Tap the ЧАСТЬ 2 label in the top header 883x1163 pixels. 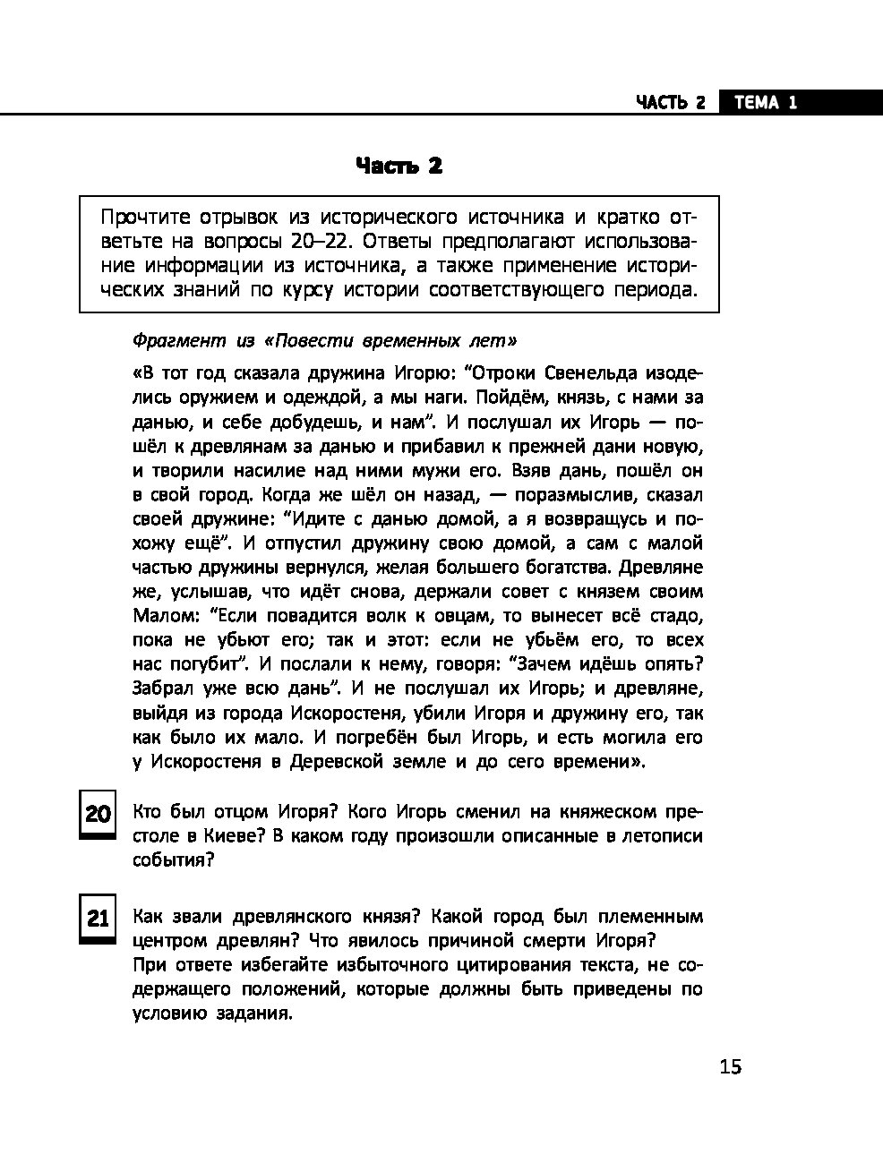[671, 102]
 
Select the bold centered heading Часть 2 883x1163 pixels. [399, 166]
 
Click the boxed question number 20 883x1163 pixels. [98, 813]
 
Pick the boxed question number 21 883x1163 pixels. [98, 918]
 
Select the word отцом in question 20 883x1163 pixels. [242, 812]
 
